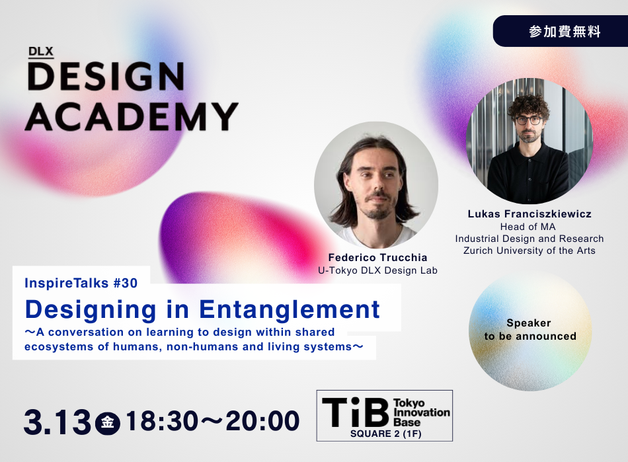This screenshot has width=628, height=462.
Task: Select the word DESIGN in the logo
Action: point(106,77)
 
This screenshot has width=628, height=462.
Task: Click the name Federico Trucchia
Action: point(377,257)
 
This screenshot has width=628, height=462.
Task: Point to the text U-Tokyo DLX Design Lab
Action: point(377,270)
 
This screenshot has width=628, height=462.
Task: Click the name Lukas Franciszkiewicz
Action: point(529,214)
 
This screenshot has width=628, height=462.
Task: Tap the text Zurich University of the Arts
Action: point(529,250)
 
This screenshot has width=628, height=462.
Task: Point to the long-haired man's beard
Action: point(377,211)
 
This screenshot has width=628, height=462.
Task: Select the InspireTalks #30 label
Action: point(81,284)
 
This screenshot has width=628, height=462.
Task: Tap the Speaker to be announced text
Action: point(530,330)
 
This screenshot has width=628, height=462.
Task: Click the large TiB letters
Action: point(355,411)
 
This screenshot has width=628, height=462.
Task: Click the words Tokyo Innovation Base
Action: point(421,412)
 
